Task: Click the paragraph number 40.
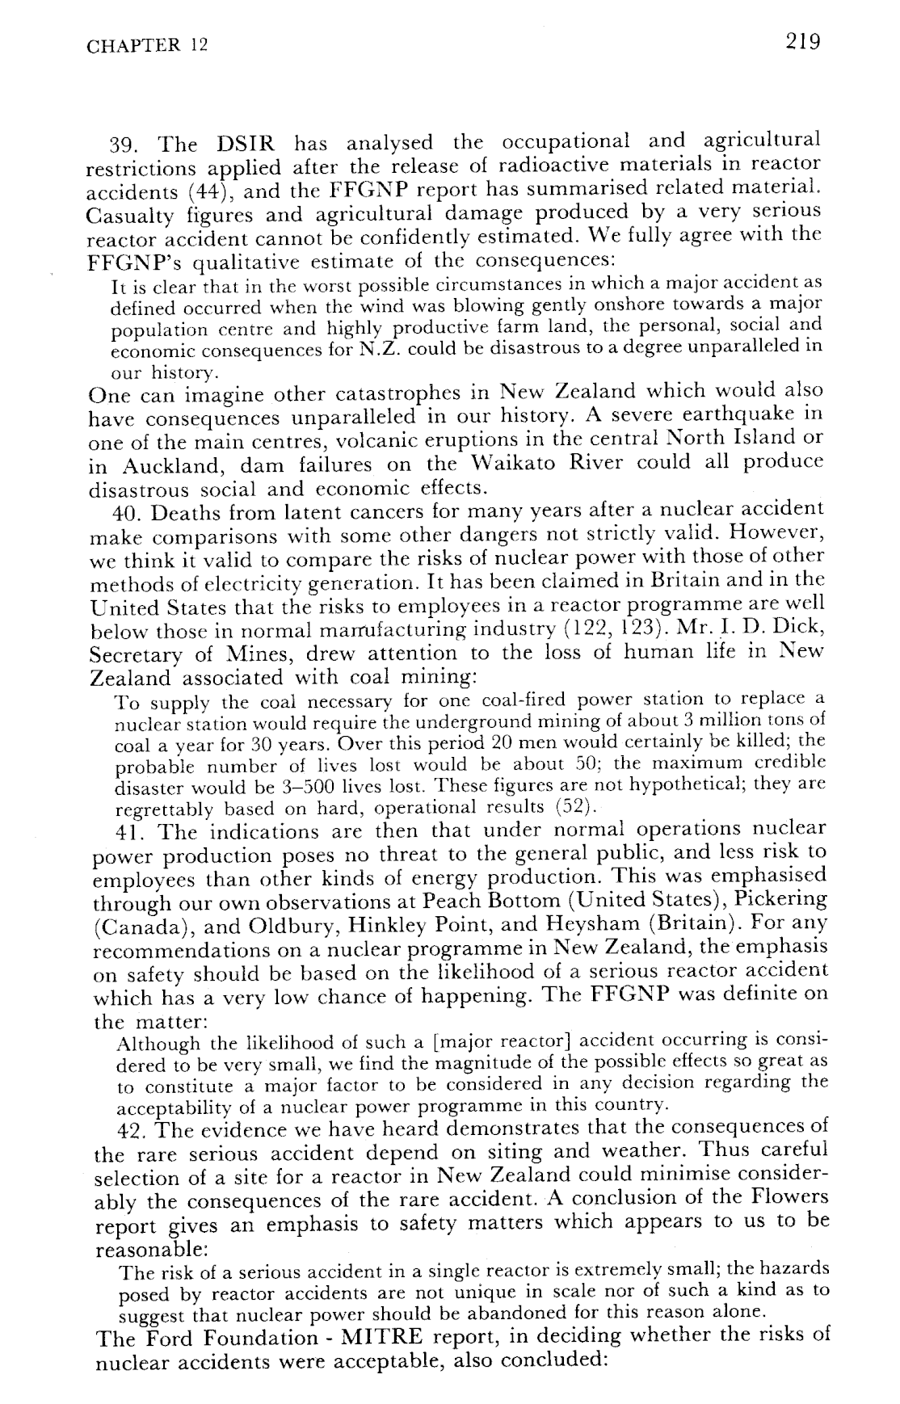point(127,513)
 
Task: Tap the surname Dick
point(797,628)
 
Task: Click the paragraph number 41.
point(129,830)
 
